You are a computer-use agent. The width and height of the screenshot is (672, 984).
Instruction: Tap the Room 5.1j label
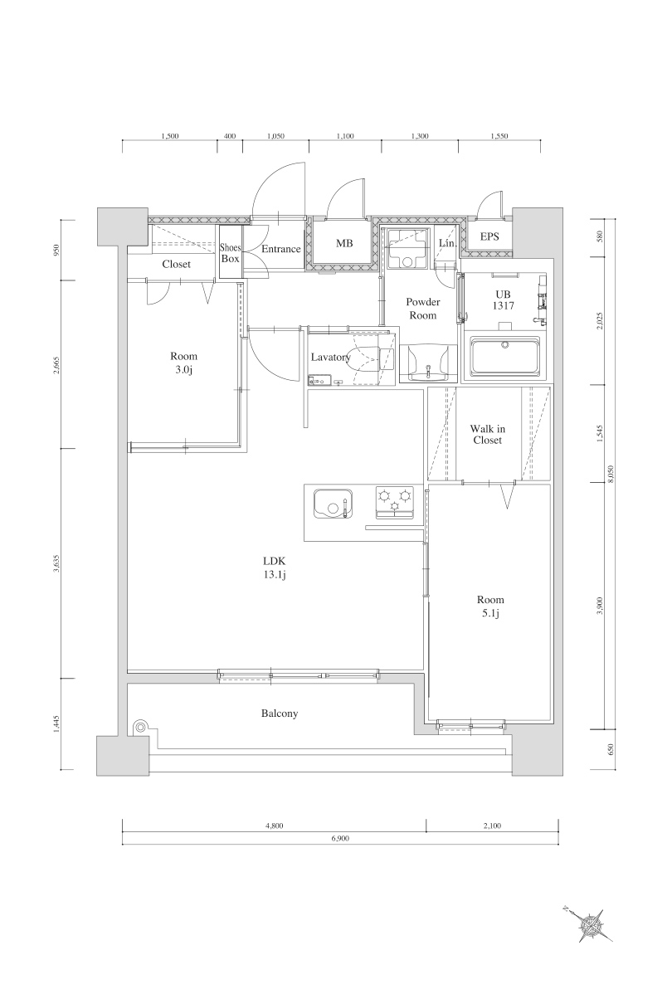[x=490, y=606]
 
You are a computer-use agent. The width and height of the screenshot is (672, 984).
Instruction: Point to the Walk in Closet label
[x=487, y=434]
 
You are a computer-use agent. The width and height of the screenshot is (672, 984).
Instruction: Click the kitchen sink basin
[x=333, y=503]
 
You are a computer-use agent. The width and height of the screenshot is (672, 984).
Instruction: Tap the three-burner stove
[x=395, y=501]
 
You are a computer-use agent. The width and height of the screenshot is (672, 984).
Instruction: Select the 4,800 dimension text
[x=275, y=826]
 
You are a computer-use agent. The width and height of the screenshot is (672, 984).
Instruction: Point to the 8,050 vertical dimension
[x=611, y=474]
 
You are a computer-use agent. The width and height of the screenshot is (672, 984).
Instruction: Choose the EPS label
[x=490, y=236]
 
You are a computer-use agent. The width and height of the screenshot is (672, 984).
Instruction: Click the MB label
[x=344, y=244]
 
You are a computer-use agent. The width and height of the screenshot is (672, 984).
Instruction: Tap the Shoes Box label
[x=230, y=253]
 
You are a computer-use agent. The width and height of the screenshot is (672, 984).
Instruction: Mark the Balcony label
[x=280, y=713]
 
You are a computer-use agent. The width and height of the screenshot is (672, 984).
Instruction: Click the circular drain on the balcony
[x=140, y=728]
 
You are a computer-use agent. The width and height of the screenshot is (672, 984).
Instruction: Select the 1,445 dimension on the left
[x=57, y=724]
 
